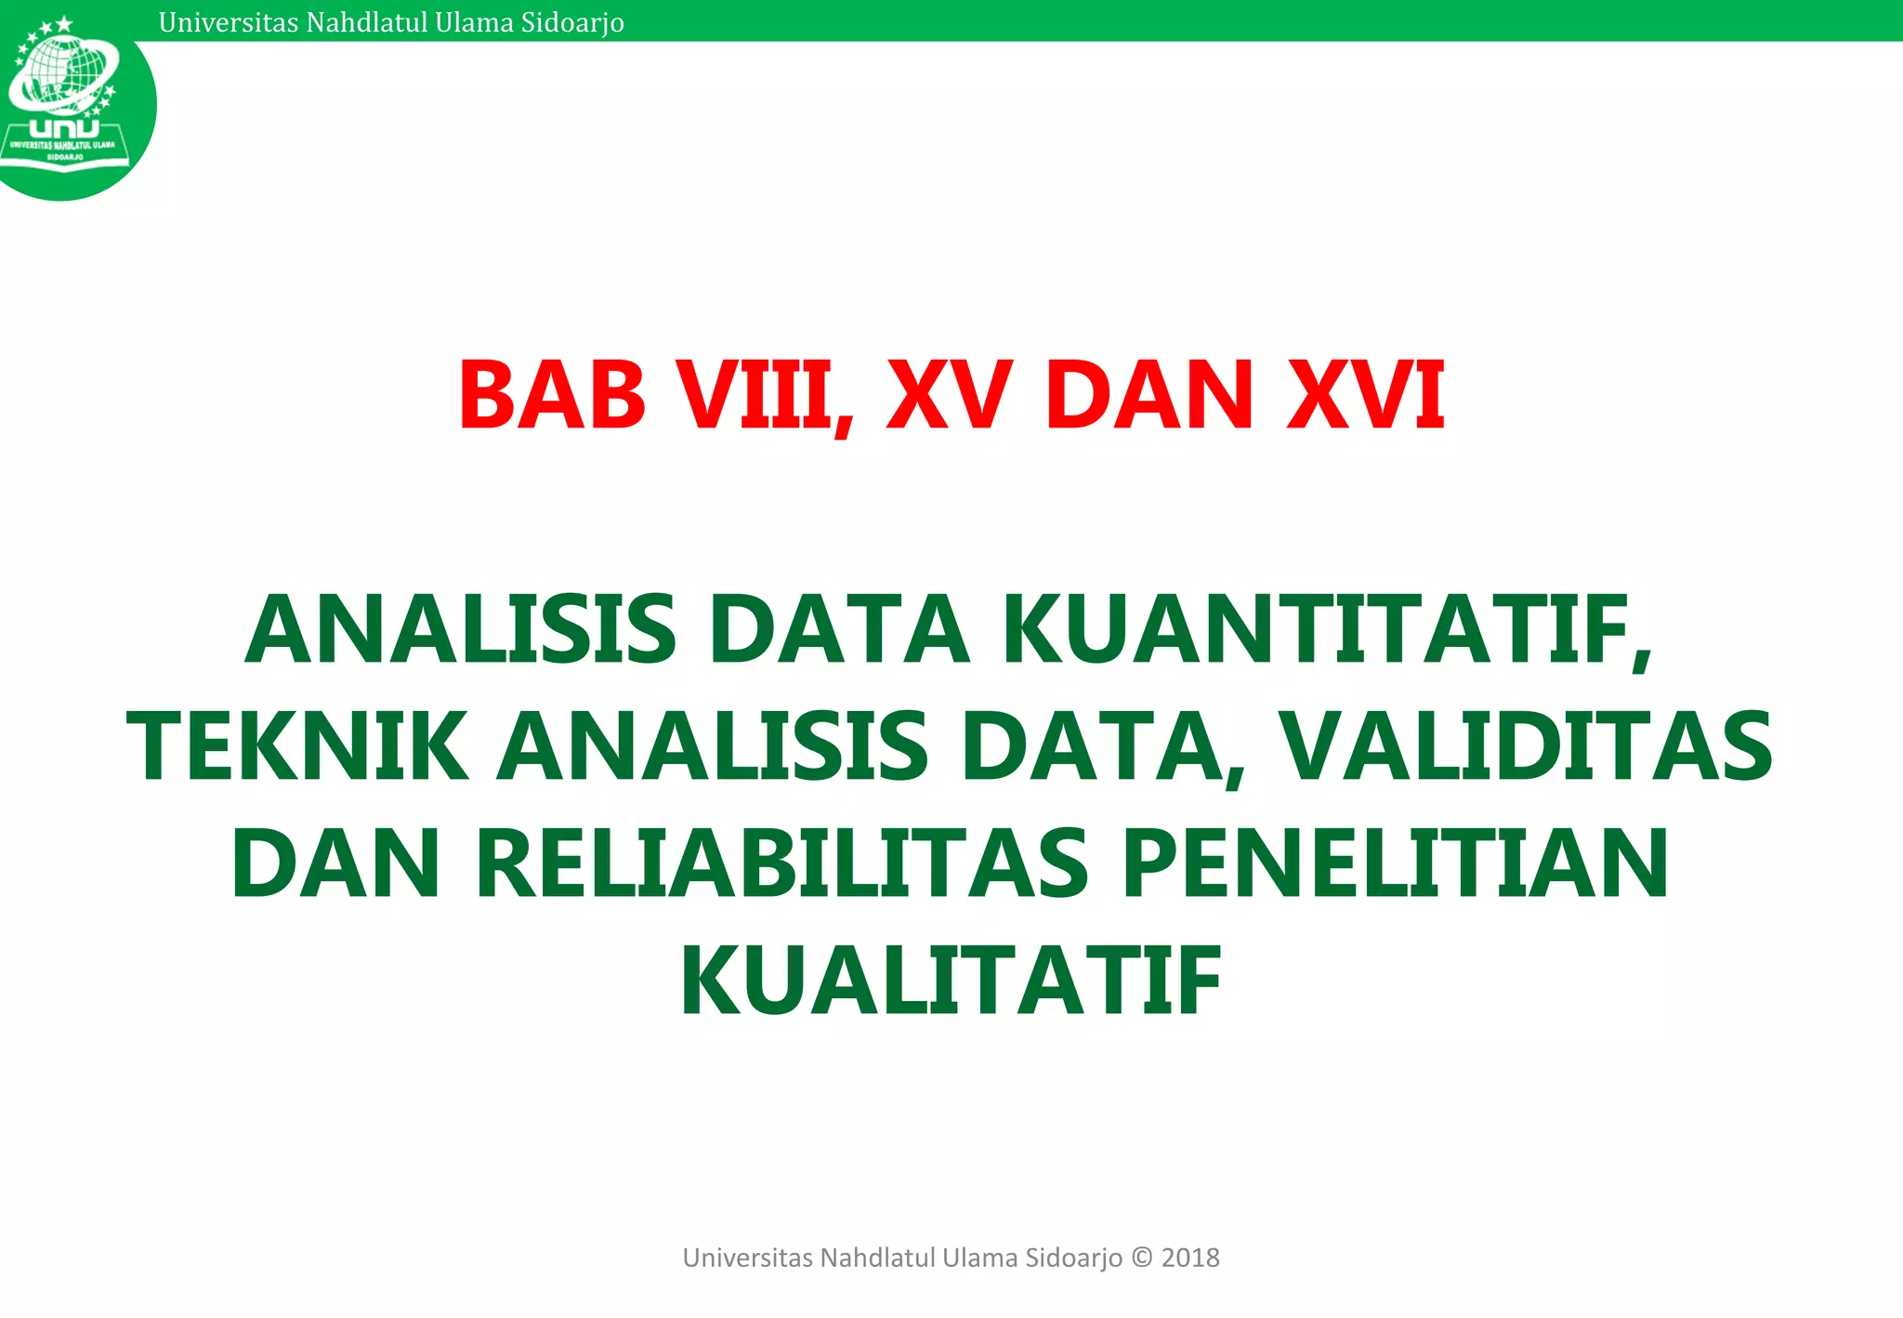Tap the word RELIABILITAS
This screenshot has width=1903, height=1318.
pos(781,865)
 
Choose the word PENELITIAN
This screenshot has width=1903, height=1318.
pos(1395,865)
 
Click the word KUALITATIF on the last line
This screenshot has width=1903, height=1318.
pos(951,982)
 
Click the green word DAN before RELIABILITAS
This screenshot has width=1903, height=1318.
pos(335,865)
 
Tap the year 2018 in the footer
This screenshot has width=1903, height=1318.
pos(1190,1258)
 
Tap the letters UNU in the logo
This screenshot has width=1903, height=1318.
pos(64,128)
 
